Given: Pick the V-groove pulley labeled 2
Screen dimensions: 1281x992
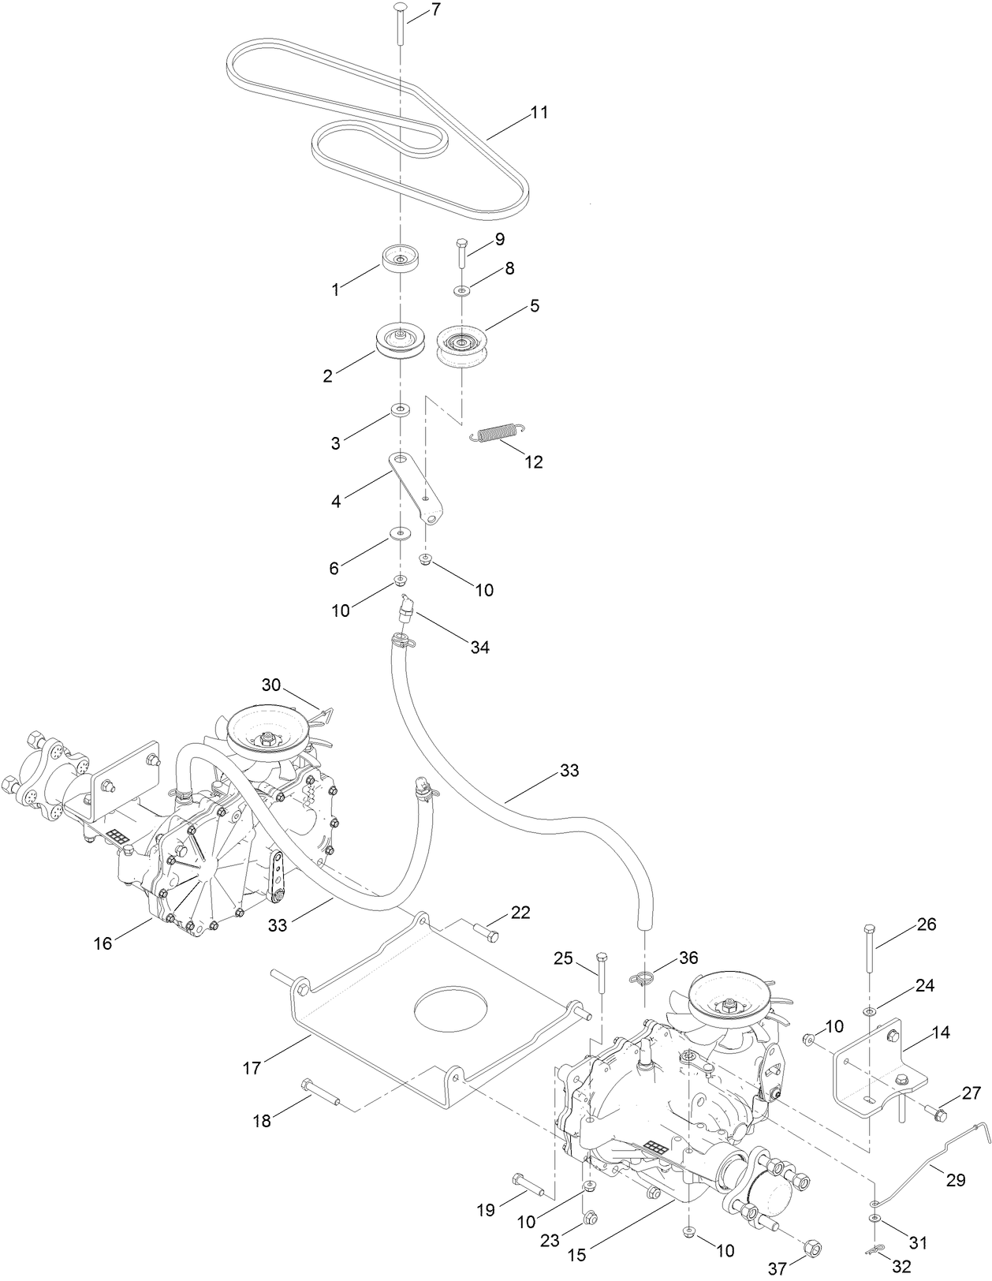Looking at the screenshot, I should coord(401,342).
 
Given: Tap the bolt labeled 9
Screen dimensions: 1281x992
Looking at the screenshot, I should coord(462,252).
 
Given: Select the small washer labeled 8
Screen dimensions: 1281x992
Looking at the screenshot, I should coord(462,292).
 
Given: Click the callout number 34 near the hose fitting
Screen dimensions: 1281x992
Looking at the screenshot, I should coord(480,647).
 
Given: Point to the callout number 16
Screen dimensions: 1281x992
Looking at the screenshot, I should coord(103,943).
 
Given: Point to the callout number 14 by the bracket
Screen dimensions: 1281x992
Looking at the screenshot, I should coord(940,1032).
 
